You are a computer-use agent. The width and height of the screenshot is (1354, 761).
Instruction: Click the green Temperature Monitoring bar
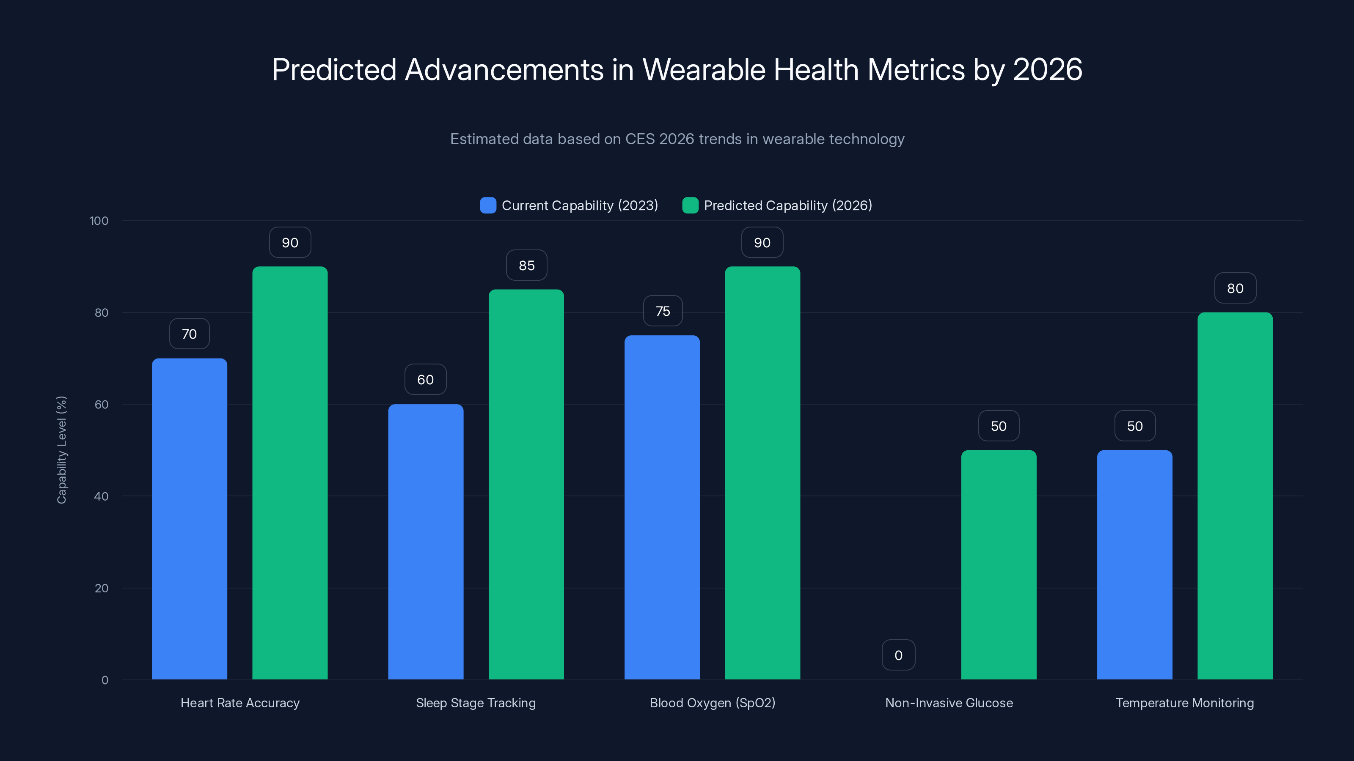coord(1235,496)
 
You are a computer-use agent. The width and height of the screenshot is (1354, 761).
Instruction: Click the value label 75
coord(663,312)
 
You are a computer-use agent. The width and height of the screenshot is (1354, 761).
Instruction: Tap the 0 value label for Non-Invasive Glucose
coord(898,655)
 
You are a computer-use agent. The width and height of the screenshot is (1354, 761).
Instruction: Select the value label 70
coord(189,334)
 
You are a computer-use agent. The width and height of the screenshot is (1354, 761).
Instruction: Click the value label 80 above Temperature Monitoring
coord(1235,288)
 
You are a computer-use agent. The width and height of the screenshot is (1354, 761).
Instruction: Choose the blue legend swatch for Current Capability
coord(488,205)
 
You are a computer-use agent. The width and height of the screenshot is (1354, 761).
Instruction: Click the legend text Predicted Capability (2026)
coord(787,205)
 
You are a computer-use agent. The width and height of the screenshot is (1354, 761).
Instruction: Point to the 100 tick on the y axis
coord(99,221)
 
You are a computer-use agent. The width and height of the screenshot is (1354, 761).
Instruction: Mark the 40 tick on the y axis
coord(101,496)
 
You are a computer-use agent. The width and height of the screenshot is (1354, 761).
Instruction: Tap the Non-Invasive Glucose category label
coord(949,703)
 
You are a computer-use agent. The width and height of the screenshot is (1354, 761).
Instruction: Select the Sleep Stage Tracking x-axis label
coord(476,703)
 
